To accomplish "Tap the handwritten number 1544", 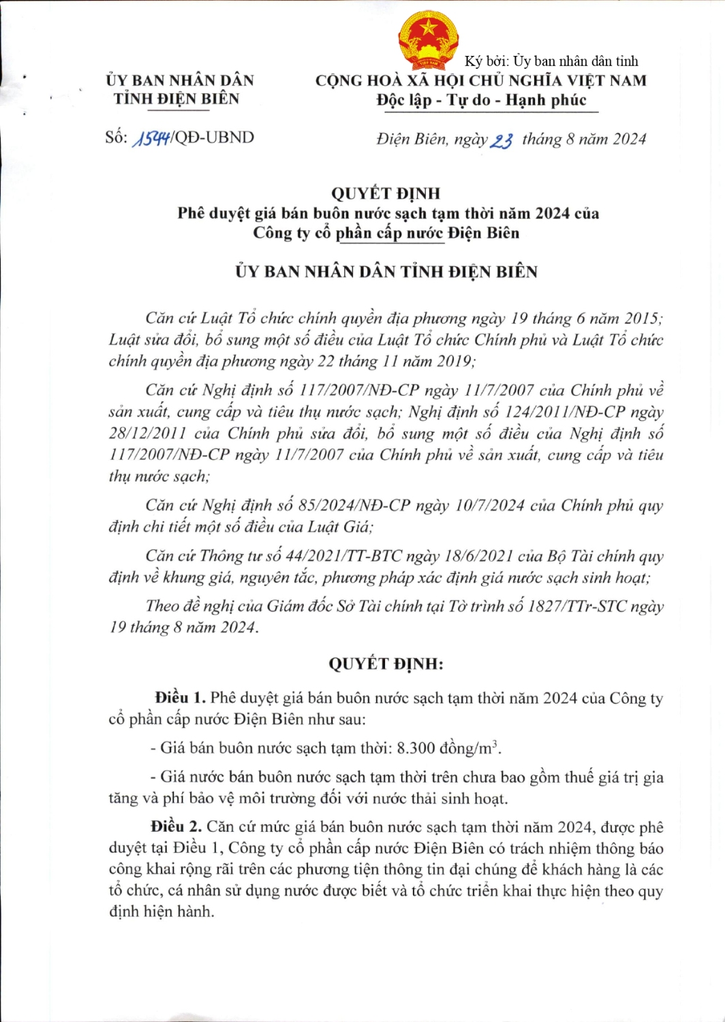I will pos(152,138).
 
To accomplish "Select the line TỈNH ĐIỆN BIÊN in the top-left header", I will pos(176,99).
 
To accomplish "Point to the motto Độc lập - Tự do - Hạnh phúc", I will pos(481,100).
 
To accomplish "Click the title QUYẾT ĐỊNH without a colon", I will pos(386,193).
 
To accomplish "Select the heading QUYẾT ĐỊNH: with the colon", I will pos(386,664).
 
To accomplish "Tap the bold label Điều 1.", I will pos(180,698).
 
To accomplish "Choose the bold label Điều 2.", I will pos(176,826).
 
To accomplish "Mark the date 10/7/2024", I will pos(490,506).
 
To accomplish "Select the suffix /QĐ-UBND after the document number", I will pos(213,138).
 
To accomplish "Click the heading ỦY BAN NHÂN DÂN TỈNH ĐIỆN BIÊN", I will pos(386,272).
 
